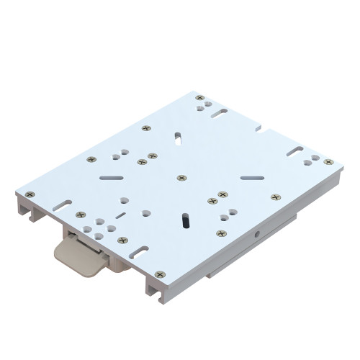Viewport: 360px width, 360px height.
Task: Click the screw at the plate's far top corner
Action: [199, 98]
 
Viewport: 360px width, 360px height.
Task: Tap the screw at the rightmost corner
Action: [328, 162]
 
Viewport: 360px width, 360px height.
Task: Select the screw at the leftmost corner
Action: [30, 194]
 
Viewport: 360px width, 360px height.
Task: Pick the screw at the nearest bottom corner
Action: [159, 274]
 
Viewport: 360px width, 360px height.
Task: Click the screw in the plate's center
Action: [181, 177]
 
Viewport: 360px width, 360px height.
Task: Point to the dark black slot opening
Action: [185, 219]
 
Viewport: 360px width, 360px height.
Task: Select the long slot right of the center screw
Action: [251, 177]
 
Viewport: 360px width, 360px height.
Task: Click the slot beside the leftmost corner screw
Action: [60, 204]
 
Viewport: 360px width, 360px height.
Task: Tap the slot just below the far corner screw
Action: [219, 113]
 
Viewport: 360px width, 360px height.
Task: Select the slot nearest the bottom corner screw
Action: [136, 253]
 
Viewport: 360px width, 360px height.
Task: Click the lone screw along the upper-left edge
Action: [146, 128]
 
